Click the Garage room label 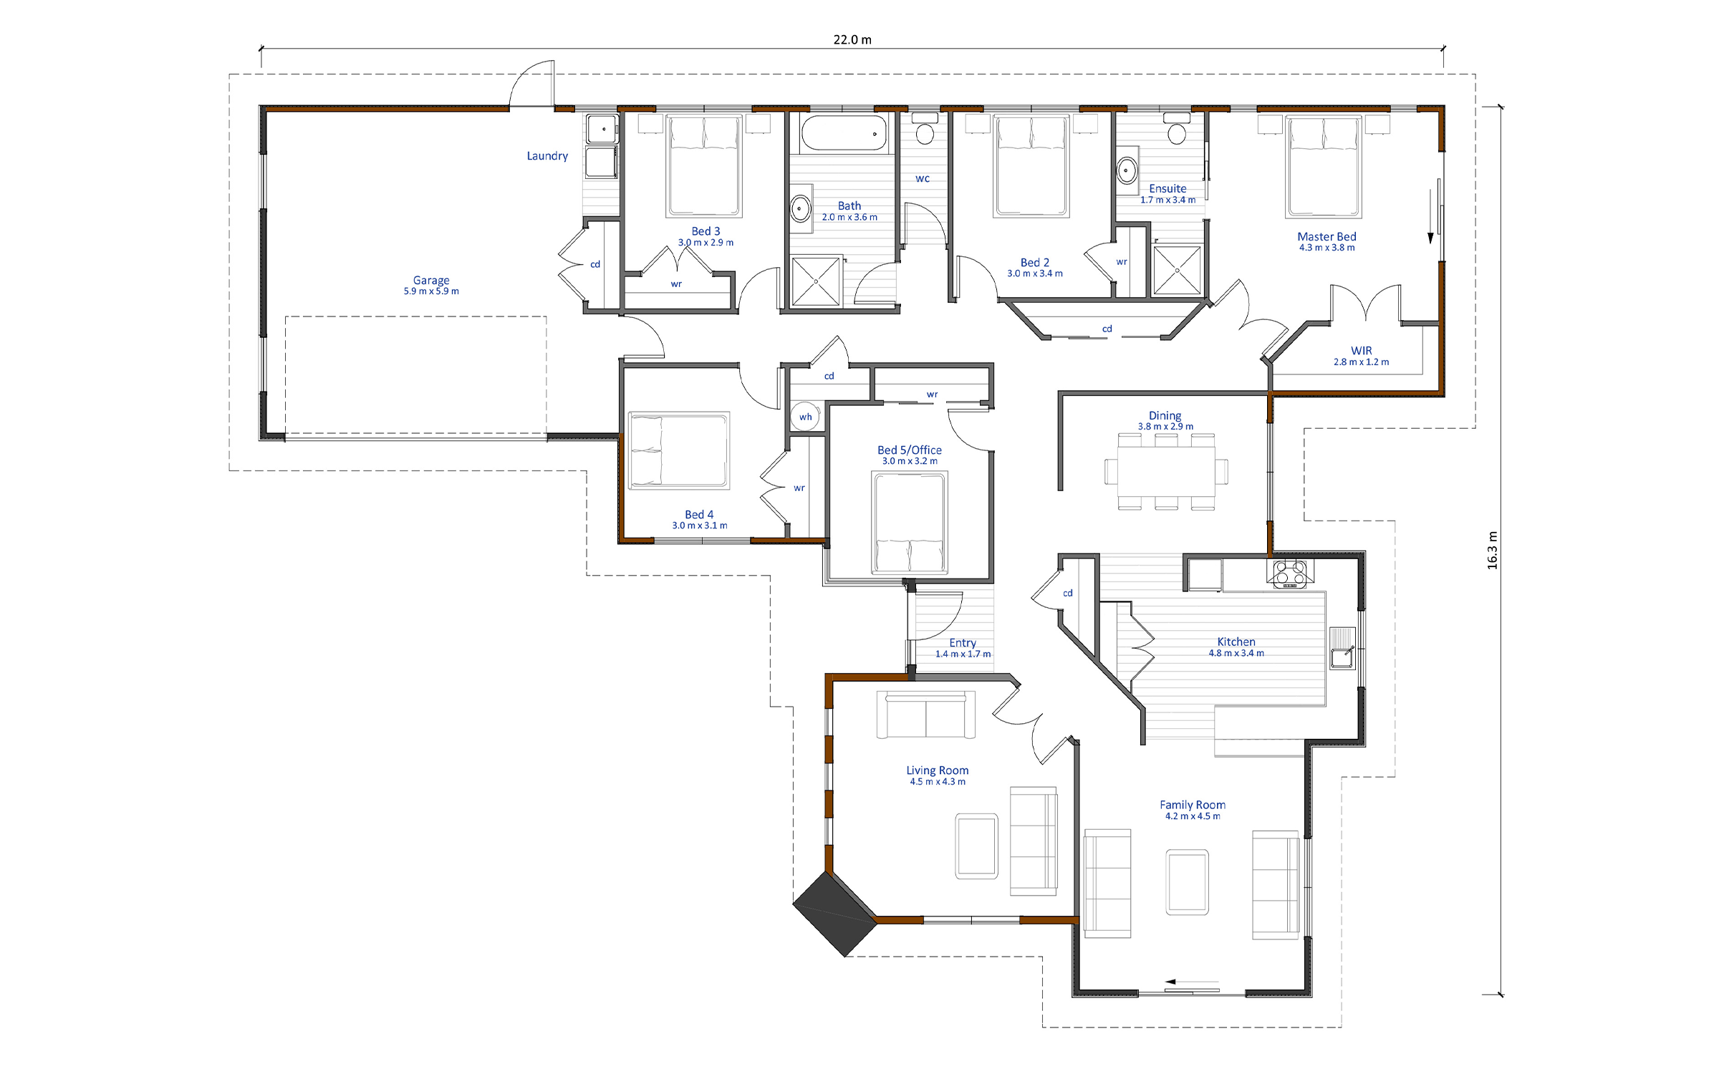point(431,280)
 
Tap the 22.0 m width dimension point(852,39)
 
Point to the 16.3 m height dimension point(1493,551)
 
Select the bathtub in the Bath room point(844,133)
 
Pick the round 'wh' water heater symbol point(805,417)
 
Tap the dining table point(1166,471)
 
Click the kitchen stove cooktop point(1289,574)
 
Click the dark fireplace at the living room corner point(835,914)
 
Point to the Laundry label point(547,156)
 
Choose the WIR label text point(1362,350)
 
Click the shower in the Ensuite point(1177,270)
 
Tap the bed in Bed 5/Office point(910,523)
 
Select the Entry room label point(963,643)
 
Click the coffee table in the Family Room point(1187,882)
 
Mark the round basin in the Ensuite point(1127,170)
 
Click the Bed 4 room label point(699,514)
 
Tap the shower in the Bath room point(816,282)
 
